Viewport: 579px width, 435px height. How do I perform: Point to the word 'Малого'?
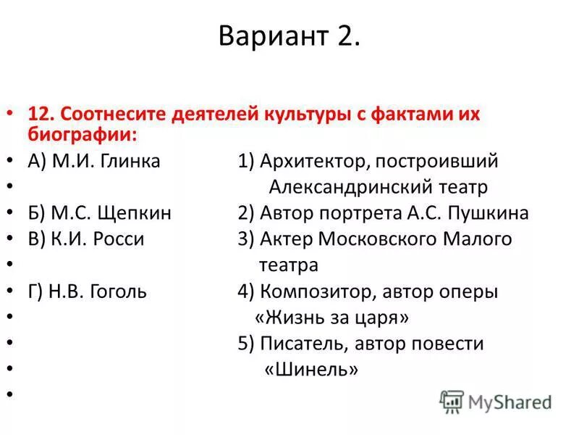point(477,239)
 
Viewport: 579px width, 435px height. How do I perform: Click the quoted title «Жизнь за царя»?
point(332,318)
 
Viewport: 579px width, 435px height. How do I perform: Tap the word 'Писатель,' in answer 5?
point(299,344)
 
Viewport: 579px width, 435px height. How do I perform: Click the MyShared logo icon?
point(452,401)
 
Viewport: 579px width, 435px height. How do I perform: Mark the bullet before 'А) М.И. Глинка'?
point(9,161)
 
